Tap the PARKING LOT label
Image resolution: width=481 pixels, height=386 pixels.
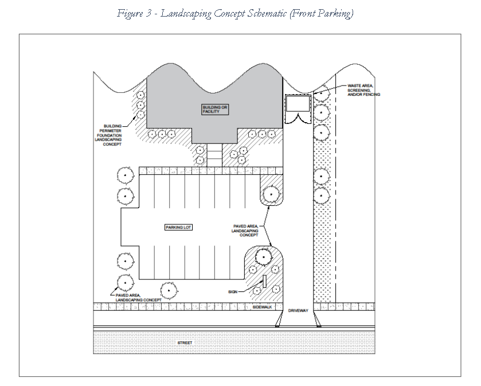[179, 227]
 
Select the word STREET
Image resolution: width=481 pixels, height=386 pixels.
[185, 343]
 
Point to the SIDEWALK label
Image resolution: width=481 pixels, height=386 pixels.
[261, 307]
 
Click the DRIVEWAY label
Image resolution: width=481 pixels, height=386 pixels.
[298, 310]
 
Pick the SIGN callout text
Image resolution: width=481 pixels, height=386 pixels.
[233, 291]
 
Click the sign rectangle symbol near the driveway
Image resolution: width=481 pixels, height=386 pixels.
[264, 282]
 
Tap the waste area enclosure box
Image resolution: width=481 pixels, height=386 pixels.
[298, 103]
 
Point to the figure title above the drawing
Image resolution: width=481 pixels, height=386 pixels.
[234, 13]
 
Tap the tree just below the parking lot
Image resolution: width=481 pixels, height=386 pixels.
[169, 290]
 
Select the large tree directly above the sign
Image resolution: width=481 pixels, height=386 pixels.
[263, 257]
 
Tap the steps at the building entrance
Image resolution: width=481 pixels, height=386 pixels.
[213, 154]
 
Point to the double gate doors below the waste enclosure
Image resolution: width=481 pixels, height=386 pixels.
[298, 118]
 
